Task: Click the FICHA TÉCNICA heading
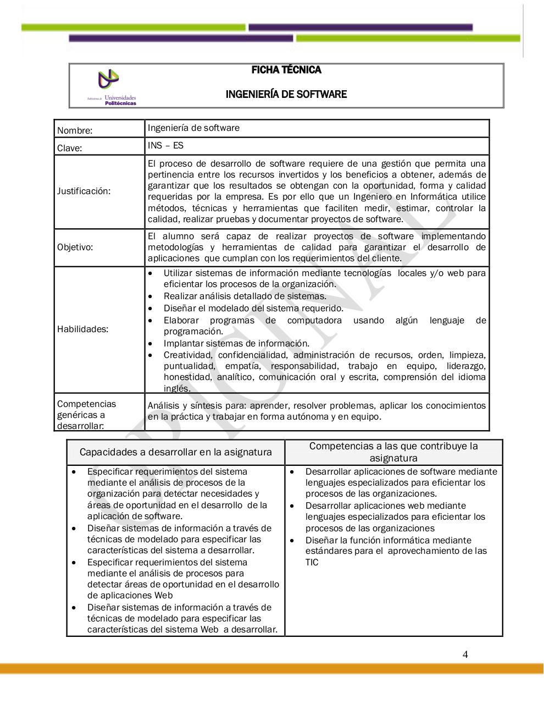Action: tap(286, 70)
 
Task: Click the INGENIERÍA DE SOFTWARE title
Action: tap(286, 94)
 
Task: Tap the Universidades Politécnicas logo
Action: tap(113, 87)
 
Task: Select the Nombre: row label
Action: tap(75, 130)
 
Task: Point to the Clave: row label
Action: tap(69, 148)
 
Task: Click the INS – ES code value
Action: tap(165, 146)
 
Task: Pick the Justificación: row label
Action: tap(84, 191)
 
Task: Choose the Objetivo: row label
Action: tap(75, 247)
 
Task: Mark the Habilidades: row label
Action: tap(82, 329)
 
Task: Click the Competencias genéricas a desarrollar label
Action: tap(86, 415)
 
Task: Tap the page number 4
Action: tap(465, 654)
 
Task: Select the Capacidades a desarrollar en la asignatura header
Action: tap(175, 452)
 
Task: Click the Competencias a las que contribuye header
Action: tap(393, 452)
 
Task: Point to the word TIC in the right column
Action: tap(312, 562)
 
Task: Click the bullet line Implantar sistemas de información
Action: tap(236, 343)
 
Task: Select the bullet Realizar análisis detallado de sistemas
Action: tap(245, 296)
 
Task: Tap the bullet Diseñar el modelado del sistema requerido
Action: tap(253, 308)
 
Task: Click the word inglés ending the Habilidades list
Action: tap(177, 388)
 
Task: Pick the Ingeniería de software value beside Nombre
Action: tap(193, 128)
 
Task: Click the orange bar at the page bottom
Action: tap(272, 668)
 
